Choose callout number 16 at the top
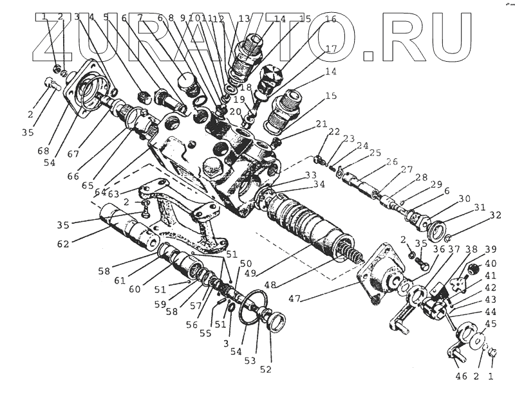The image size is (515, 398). click(x=330, y=20)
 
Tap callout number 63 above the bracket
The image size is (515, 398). click(x=114, y=193)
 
